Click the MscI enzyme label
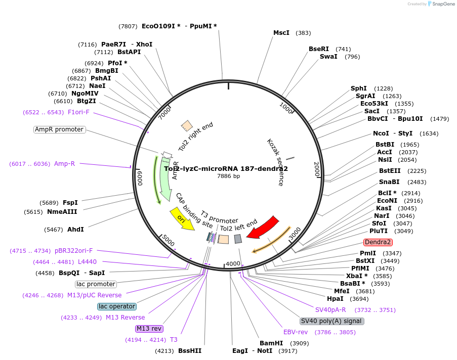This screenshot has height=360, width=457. (x=281, y=33)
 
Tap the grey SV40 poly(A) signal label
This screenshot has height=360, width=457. (x=331, y=321)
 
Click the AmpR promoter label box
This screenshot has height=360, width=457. (x=59, y=129)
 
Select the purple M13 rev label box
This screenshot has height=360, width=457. (x=149, y=329)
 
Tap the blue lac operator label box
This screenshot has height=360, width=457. (x=117, y=306)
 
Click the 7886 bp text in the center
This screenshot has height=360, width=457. (x=228, y=176)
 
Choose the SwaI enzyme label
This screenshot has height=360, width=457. (x=328, y=57)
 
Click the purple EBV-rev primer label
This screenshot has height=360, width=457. (x=296, y=332)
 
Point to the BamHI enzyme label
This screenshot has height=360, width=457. (x=271, y=343)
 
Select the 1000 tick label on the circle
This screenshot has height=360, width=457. (x=286, y=107)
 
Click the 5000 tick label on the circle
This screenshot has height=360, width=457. (x=168, y=240)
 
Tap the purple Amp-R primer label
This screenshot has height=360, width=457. (x=64, y=164)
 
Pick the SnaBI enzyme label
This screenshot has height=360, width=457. (x=389, y=182)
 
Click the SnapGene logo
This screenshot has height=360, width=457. (x=439, y=4)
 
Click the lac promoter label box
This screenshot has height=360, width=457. (x=96, y=284)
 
